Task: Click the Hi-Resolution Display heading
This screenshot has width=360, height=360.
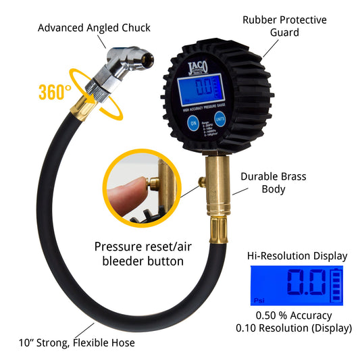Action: click(299, 256)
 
